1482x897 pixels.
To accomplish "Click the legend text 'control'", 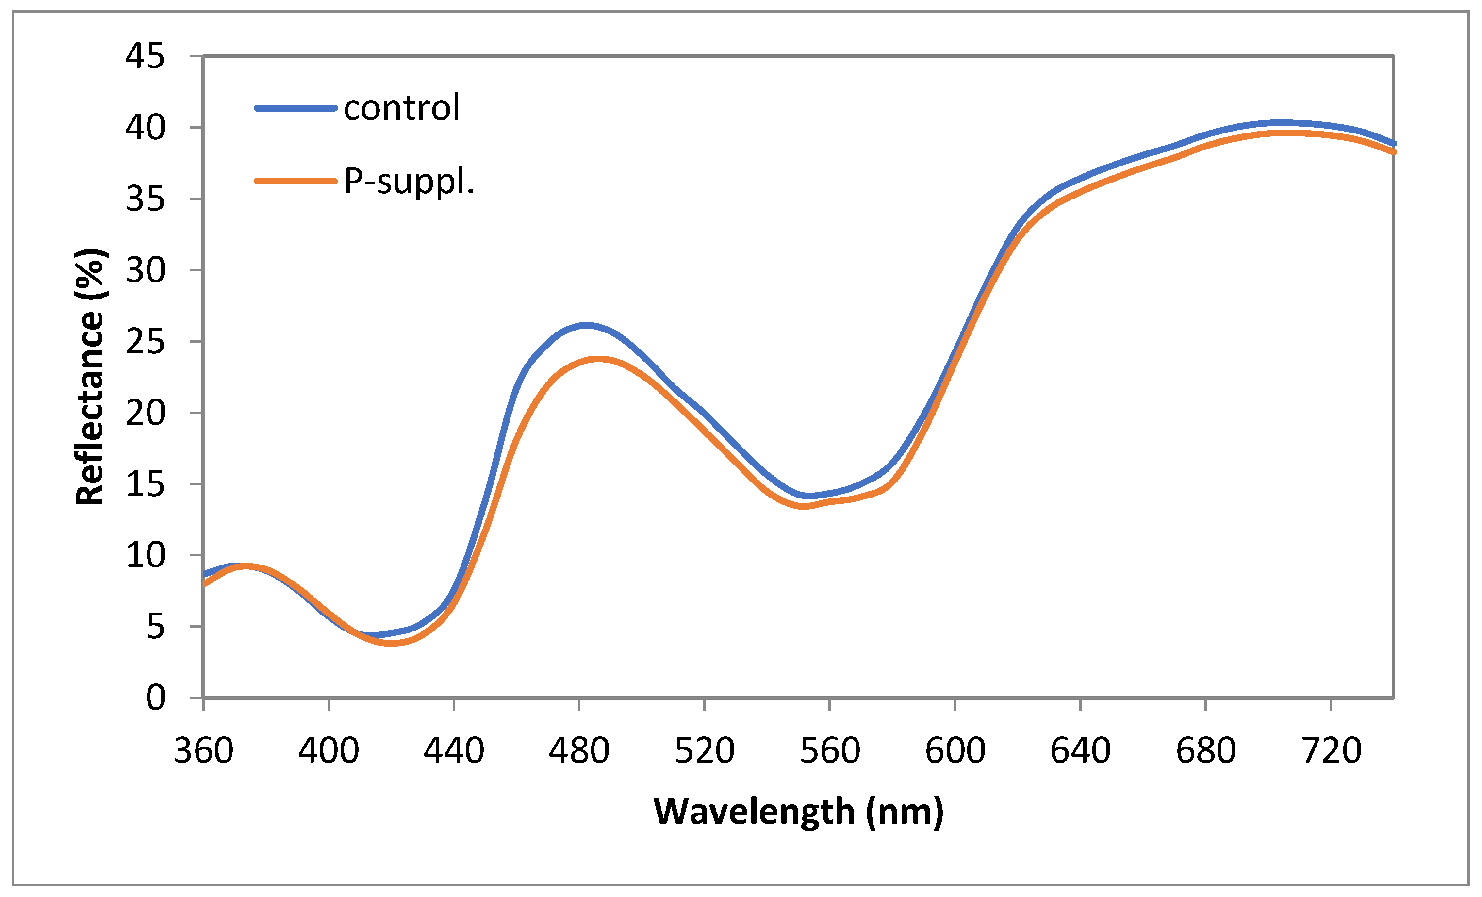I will click(401, 108).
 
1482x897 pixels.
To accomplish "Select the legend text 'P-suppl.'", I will click(409, 181).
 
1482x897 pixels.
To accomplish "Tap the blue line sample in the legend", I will click(296, 108).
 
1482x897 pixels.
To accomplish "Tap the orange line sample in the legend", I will click(296, 181).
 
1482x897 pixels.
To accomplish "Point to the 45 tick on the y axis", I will click(144, 57).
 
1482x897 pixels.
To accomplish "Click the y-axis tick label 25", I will click(144, 342).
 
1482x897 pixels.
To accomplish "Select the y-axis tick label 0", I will click(155, 698).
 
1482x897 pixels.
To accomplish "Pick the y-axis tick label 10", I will click(144, 555).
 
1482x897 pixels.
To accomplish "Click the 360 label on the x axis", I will click(203, 751).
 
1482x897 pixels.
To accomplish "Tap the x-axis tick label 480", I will click(578, 751).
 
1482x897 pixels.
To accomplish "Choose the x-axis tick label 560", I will click(829, 751).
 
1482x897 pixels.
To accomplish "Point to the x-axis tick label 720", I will click(1331, 751).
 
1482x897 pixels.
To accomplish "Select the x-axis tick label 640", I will click(1080, 751).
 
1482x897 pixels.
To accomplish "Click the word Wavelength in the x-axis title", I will click(754, 812).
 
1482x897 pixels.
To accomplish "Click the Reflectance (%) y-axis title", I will click(90, 377).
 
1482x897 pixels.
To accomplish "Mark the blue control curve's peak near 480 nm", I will click(586, 326).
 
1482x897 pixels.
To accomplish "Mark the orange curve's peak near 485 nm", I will click(598, 360).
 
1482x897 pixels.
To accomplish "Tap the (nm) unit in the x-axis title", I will click(905, 812).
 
